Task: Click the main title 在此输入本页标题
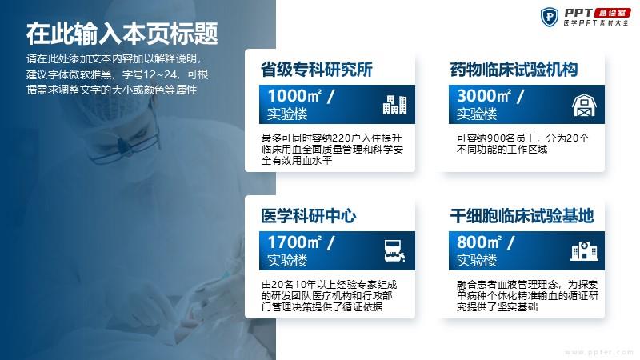[122, 34]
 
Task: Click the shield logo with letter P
[550, 17]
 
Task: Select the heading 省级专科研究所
[317, 70]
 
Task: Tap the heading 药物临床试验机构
[514, 70]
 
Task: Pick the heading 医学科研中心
[309, 216]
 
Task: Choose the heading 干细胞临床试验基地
[522, 216]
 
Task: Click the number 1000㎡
[294, 96]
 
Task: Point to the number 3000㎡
[484, 96]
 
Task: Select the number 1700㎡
[294, 242]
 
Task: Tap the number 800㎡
[479, 242]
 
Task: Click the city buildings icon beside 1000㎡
[394, 105]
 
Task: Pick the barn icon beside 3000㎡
[584, 105]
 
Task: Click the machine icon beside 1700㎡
[394, 250]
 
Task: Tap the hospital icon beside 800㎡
[584, 250]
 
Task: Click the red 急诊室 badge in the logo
[612, 13]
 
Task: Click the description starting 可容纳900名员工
[522, 144]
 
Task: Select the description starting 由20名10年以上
[329, 295]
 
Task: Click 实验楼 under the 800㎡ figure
[476, 260]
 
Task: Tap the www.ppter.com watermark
[598, 352]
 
